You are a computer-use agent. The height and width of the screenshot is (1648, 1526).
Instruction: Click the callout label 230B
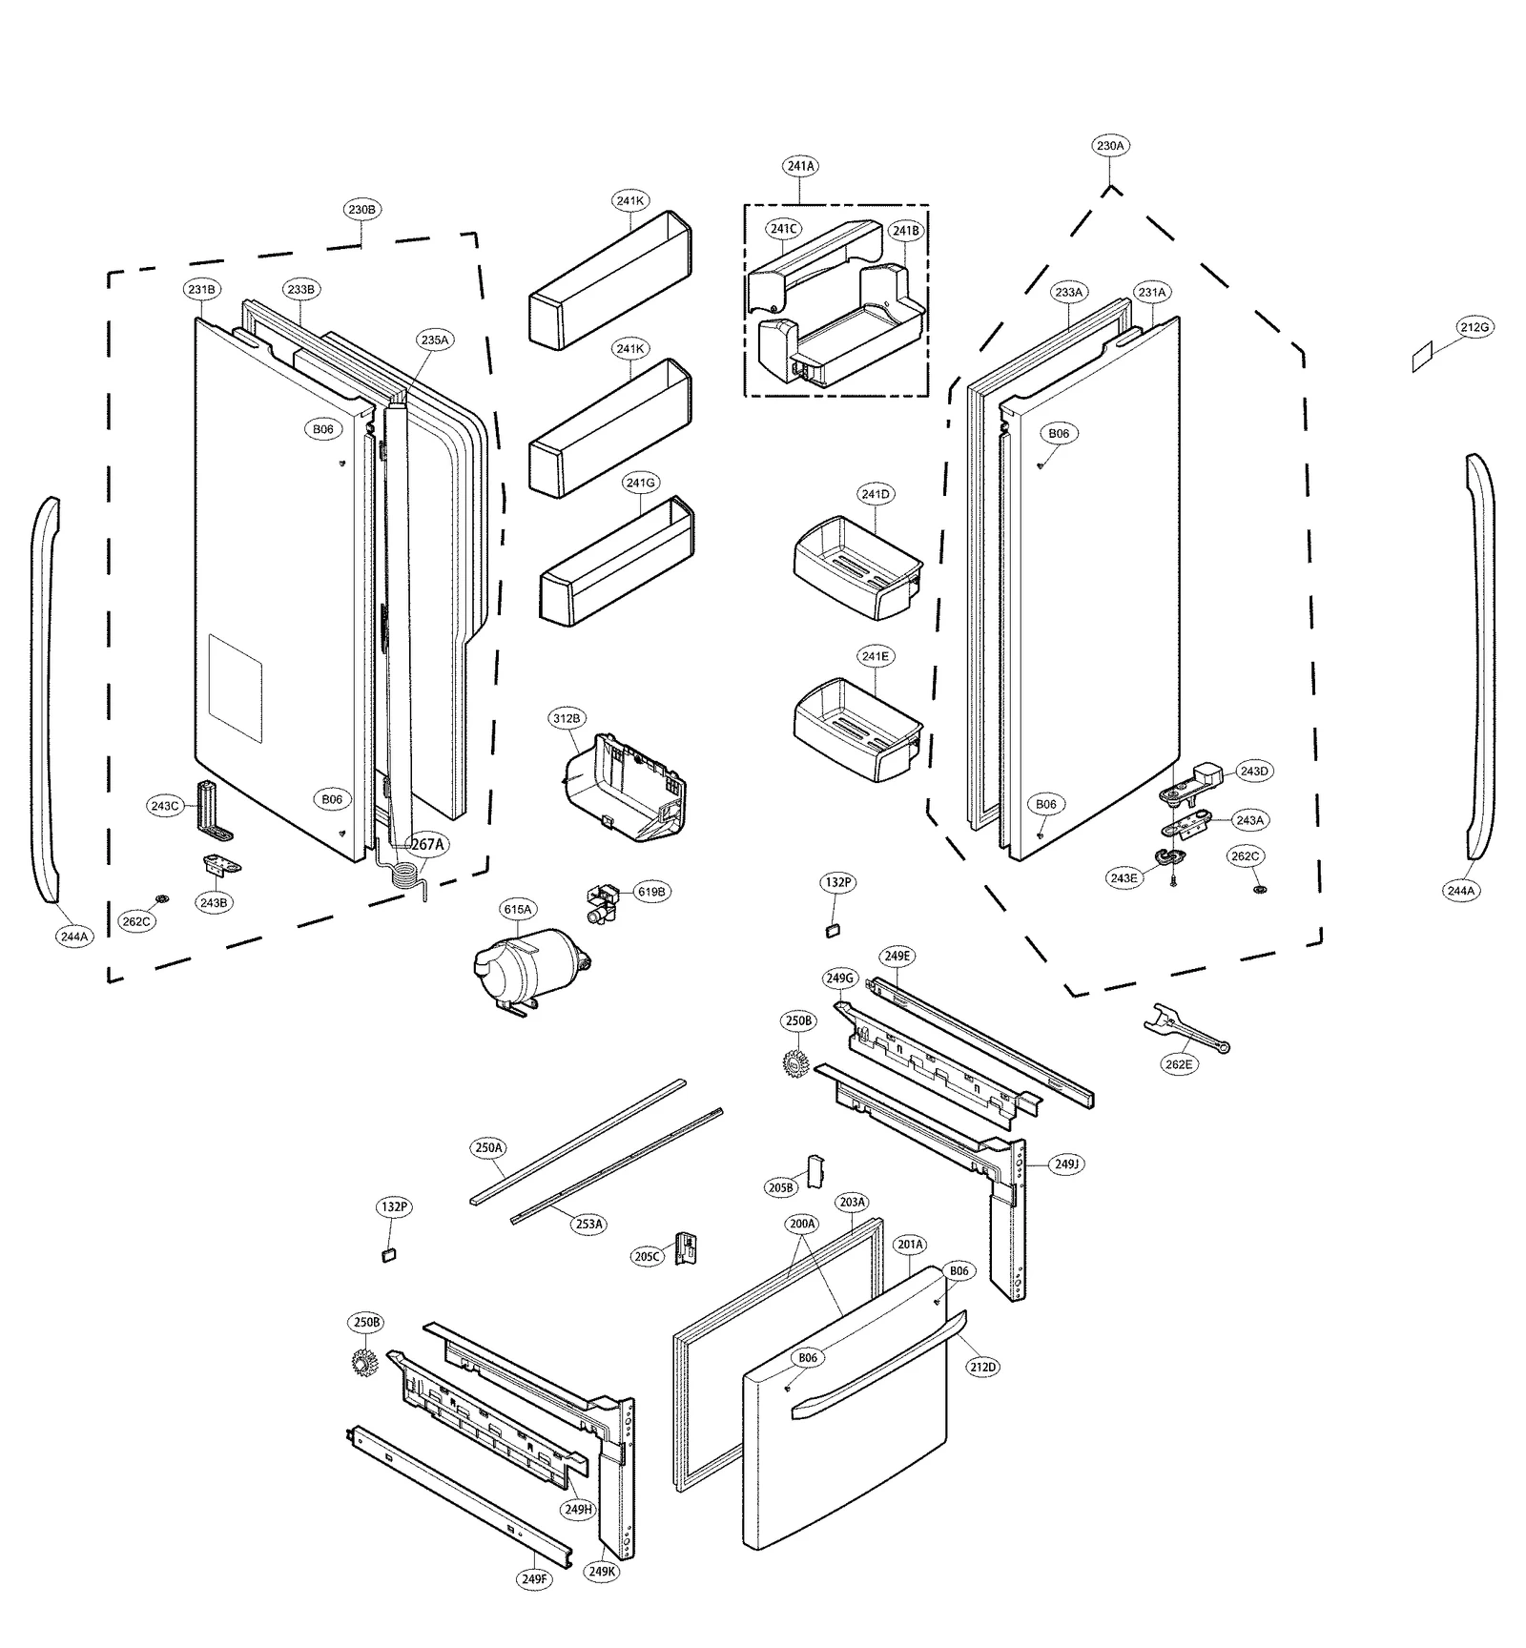point(361,209)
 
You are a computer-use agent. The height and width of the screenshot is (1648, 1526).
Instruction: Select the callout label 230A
point(1110,146)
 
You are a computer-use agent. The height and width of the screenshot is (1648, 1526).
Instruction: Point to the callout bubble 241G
point(641,483)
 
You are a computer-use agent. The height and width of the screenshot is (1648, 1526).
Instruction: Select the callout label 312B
point(567,718)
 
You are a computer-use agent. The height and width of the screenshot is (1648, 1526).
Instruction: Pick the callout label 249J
point(1066,1164)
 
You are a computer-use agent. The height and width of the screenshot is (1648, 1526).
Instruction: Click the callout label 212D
point(982,1367)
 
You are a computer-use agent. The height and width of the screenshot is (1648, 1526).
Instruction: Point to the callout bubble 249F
point(535,1578)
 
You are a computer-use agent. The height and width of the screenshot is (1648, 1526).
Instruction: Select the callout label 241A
point(801,166)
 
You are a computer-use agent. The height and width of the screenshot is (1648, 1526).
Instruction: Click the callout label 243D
point(1253,771)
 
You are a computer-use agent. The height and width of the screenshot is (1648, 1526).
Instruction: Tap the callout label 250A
point(488,1147)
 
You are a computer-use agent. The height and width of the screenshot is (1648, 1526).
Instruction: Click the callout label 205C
point(647,1256)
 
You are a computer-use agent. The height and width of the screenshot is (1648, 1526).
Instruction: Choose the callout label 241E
point(875,656)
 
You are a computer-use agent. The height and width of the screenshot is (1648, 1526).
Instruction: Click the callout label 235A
point(434,340)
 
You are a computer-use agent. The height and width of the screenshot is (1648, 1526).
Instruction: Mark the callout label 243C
point(164,806)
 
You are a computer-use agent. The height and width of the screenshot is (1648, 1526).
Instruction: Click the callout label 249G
point(839,978)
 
